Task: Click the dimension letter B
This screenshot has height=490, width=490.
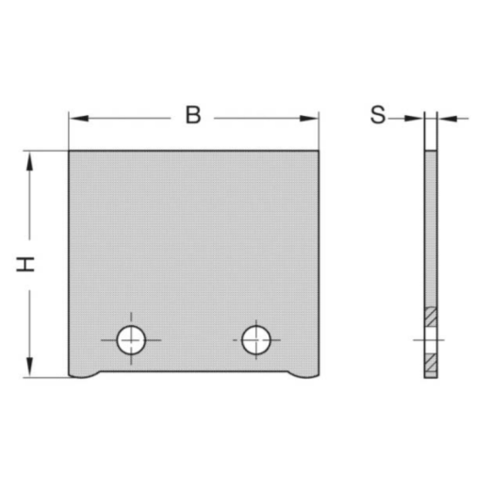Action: [x=192, y=117]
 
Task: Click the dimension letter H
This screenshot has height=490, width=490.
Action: [x=27, y=264]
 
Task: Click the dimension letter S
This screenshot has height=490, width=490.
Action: [x=378, y=117]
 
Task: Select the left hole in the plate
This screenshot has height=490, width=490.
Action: [x=131, y=339]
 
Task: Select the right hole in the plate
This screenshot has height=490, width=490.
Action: [x=254, y=339]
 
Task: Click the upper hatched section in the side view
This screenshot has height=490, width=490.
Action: [x=431, y=318]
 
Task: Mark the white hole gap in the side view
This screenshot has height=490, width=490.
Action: [x=431, y=339]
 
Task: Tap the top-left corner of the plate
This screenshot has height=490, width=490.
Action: [x=70, y=151]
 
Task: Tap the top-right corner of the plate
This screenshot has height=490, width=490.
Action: [x=318, y=151]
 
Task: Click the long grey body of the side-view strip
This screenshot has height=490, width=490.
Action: [x=431, y=226]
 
